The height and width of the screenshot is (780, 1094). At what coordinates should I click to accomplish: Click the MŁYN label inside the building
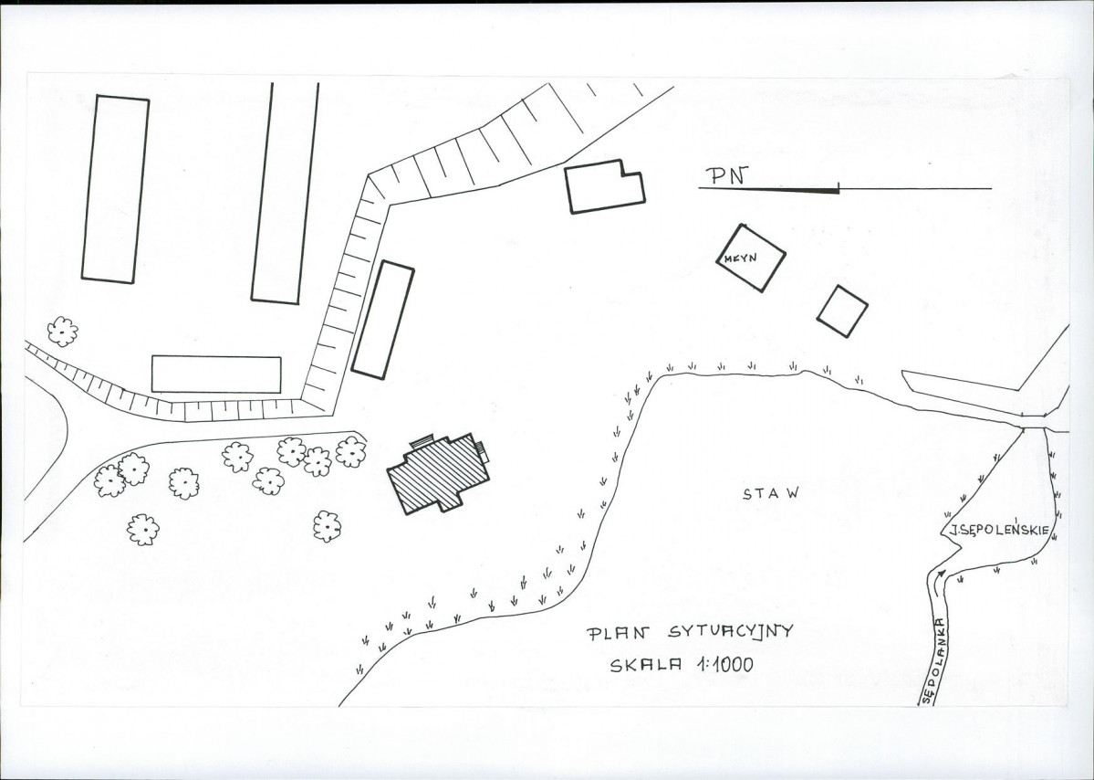coord(740,258)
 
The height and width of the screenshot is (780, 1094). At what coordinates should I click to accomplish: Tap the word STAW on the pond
coord(770,494)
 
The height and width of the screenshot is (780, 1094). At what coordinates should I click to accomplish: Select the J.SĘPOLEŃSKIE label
coord(998,531)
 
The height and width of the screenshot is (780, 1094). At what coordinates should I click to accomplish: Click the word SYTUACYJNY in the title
coord(731,632)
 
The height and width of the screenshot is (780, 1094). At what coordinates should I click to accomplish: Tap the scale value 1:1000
coord(724,664)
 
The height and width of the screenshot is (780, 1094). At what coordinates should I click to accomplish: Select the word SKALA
coord(645,666)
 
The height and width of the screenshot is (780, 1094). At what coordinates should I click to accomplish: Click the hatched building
coord(438,473)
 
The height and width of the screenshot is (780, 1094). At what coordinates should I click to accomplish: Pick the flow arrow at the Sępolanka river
coord(939,574)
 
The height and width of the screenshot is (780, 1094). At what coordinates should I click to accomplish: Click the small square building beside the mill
coord(842,311)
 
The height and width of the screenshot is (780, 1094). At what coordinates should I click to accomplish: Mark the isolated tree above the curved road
coord(63,332)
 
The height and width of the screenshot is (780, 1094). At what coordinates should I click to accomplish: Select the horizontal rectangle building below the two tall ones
coord(216,374)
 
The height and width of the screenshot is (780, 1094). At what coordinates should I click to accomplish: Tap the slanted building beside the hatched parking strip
coord(382,320)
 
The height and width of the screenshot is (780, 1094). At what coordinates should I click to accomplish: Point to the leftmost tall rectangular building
coord(115,189)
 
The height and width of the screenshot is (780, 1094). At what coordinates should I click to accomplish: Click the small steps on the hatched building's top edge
coord(422,440)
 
